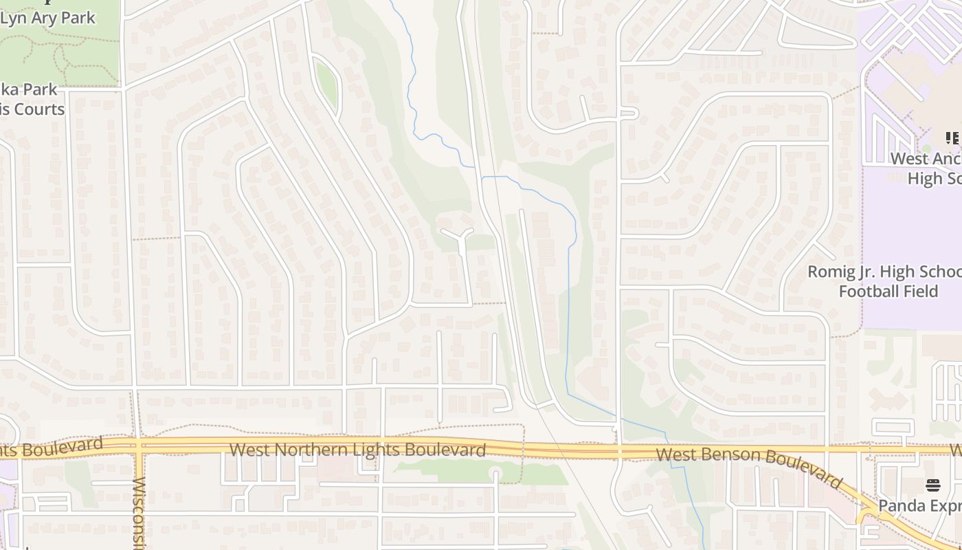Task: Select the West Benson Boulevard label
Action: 749,465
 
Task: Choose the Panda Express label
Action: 919,506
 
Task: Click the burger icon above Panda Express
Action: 932,485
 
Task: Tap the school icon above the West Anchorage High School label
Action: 952,138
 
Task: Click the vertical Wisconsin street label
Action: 139,512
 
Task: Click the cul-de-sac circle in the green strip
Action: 495,473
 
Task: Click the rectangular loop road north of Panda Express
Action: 893,426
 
